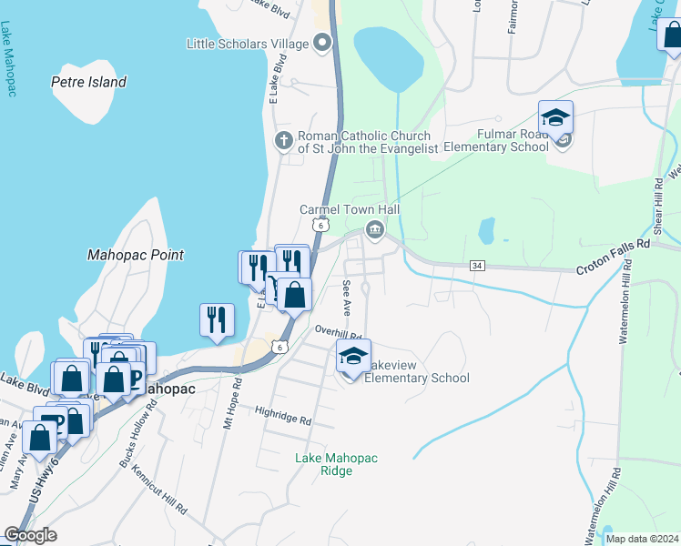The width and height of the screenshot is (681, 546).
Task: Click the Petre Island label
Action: [x=88, y=82]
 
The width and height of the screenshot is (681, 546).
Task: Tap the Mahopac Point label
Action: [x=136, y=256]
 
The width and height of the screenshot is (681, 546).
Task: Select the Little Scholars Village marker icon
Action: [x=322, y=43]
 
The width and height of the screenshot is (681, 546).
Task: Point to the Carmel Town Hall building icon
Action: [x=374, y=229]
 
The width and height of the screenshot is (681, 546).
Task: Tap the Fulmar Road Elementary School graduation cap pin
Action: [x=555, y=118]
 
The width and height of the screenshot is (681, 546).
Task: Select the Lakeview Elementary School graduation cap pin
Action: [x=353, y=357]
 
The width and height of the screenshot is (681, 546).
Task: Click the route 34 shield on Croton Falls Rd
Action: [x=476, y=266]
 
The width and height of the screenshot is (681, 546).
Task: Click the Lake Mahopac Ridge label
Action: [x=336, y=464]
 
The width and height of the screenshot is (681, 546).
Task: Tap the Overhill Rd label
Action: [x=339, y=332]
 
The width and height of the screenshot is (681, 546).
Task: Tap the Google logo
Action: [x=30, y=535]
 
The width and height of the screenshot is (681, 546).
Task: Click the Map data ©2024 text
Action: [x=641, y=539]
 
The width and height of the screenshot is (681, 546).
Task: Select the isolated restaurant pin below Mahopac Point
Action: [x=217, y=319]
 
